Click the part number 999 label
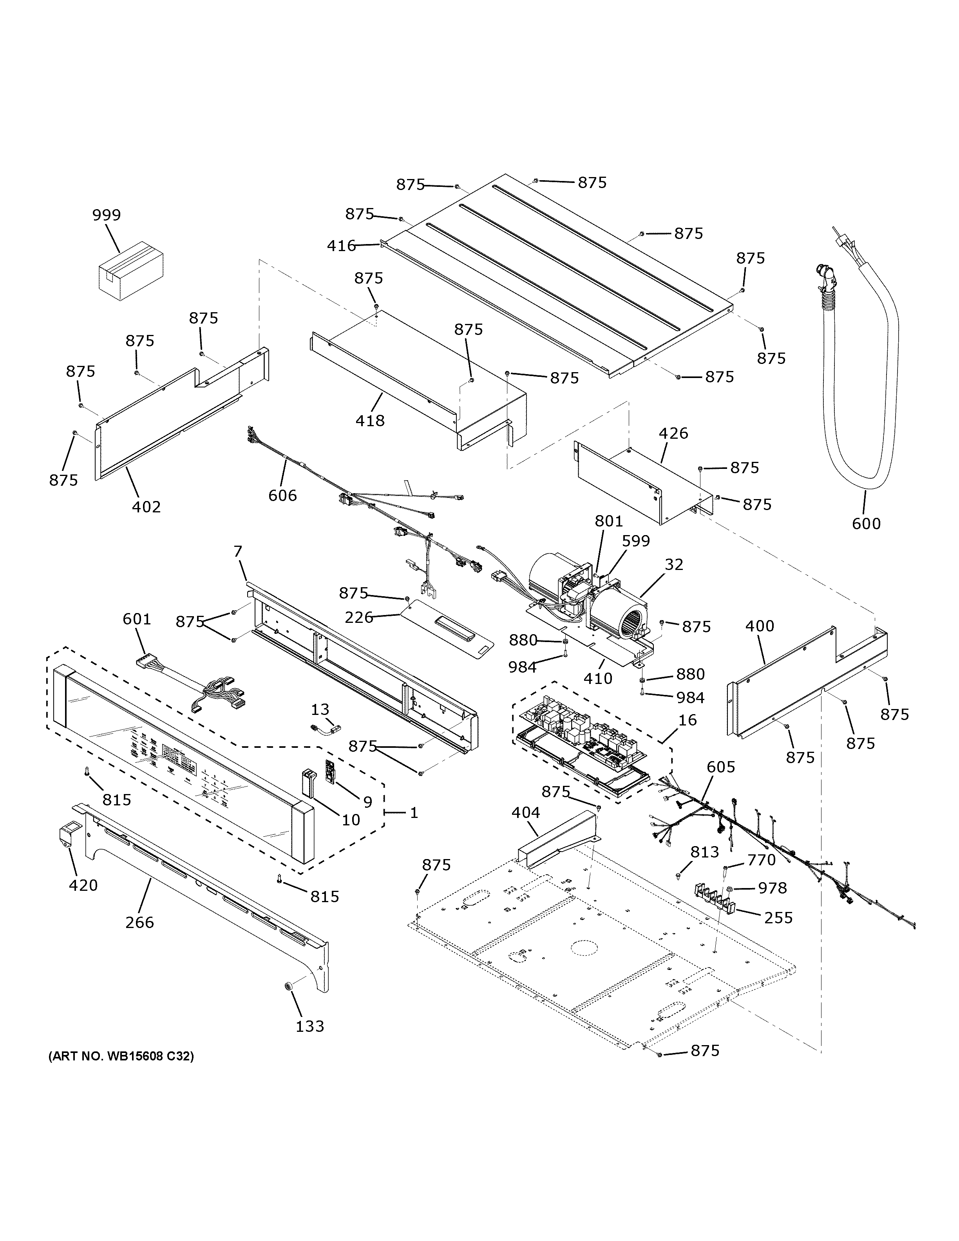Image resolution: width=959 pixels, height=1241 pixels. [x=107, y=215]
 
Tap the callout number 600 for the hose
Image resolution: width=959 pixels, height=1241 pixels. [x=866, y=523]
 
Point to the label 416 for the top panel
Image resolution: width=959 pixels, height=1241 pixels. [x=342, y=246]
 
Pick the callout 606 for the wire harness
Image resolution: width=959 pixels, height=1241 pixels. [x=282, y=496]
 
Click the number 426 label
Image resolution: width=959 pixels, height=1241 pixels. [x=673, y=434]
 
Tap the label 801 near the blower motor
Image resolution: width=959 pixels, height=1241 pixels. [x=608, y=521]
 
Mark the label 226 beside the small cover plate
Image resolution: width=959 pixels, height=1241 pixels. [x=359, y=617]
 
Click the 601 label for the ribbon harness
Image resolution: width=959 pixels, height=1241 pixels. [x=137, y=619]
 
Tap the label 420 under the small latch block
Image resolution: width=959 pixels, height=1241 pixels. [x=83, y=885]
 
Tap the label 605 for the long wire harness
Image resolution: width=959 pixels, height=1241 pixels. [x=720, y=767]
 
